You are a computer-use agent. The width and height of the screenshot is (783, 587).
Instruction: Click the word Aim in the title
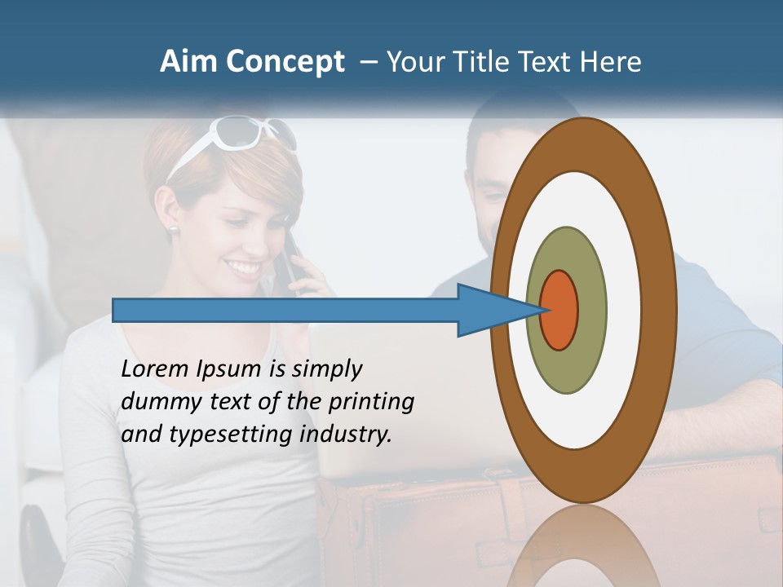pyautogui.click(x=188, y=62)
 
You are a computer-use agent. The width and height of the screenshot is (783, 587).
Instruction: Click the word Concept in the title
pyautogui.click(x=283, y=63)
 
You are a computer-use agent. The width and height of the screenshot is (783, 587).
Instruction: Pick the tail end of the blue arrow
pyautogui.click(x=115, y=310)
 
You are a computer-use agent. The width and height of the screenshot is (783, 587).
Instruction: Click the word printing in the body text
pyautogui.click(x=370, y=402)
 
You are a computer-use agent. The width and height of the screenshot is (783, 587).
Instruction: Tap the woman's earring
pyautogui.click(x=173, y=230)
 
